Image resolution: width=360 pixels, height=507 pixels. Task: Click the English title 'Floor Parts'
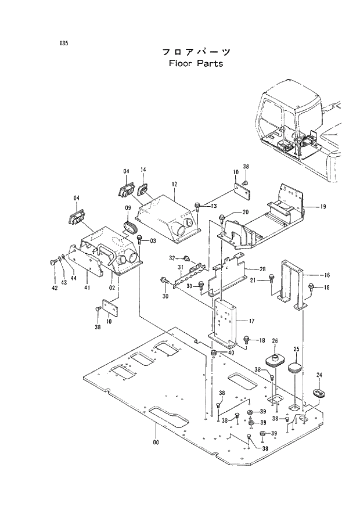coord(196,63)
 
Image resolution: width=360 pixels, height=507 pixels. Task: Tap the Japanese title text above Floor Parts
coord(196,52)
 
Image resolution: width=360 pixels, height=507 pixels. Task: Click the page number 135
coord(63,44)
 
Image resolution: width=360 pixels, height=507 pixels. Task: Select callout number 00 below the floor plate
coord(156,443)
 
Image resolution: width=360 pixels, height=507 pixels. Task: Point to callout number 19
coord(323,206)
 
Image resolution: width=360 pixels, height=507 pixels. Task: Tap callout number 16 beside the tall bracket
coord(327,275)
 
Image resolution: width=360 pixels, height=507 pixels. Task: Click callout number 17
coord(251,321)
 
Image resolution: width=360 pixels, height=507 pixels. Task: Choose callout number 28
coord(262,269)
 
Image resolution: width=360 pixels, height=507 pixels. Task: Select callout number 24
coord(319,375)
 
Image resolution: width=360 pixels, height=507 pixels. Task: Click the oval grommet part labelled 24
coord(319,394)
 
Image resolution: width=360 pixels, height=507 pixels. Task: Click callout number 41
coord(88,287)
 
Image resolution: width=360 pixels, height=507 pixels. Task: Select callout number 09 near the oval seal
coord(128,208)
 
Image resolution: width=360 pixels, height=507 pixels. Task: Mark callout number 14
coord(143,170)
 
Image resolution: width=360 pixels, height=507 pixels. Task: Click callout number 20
coord(245,212)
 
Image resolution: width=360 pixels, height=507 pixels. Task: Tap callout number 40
coord(231,353)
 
